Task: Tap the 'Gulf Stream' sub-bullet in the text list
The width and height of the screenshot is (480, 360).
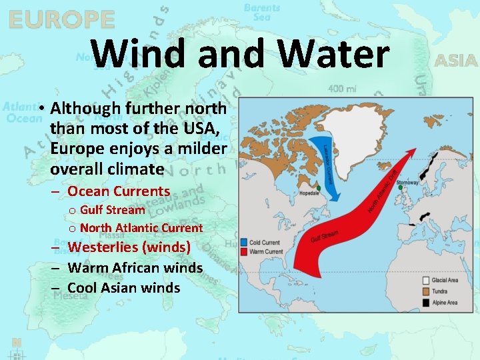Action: click(x=112, y=210)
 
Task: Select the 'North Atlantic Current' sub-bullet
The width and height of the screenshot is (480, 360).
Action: click(x=141, y=227)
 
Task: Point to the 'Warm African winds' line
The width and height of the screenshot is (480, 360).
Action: click(x=135, y=268)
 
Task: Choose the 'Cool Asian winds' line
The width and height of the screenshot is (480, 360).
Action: click(x=124, y=288)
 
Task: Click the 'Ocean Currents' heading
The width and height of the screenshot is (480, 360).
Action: click(x=119, y=191)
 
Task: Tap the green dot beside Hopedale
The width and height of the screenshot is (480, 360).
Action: click(x=319, y=188)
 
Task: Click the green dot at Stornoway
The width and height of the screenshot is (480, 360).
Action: click(x=400, y=188)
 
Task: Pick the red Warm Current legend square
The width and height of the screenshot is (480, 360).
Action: click(x=245, y=251)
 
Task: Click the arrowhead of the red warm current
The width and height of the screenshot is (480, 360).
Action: click(x=415, y=154)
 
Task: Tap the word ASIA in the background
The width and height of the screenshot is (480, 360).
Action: click(x=456, y=61)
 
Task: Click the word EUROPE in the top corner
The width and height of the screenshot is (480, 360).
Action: click(x=61, y=19)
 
